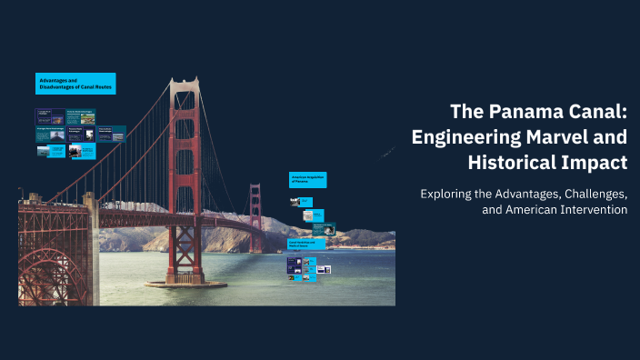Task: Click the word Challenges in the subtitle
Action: click(587, 194)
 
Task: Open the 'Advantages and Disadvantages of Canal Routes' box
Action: click(75, 84)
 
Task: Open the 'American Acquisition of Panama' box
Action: click(307, 179)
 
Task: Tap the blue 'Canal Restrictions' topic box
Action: click(306, 245)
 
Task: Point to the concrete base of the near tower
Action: click(185, 283)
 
